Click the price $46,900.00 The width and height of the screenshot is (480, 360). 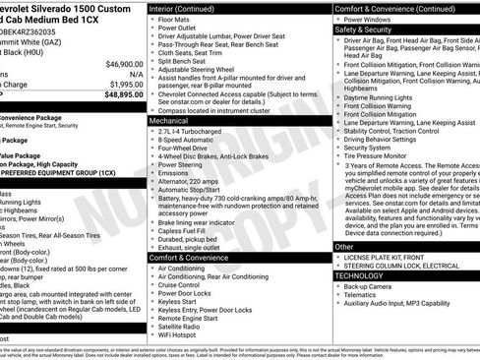pyautogui.click(x=124, y=64)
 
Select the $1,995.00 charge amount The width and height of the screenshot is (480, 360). pyautogui.click(x=124, y=85)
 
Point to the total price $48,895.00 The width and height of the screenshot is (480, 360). pyautogui.click(x=124, y=95)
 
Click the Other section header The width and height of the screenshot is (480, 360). pyautogui.click(x=344, y=247)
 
